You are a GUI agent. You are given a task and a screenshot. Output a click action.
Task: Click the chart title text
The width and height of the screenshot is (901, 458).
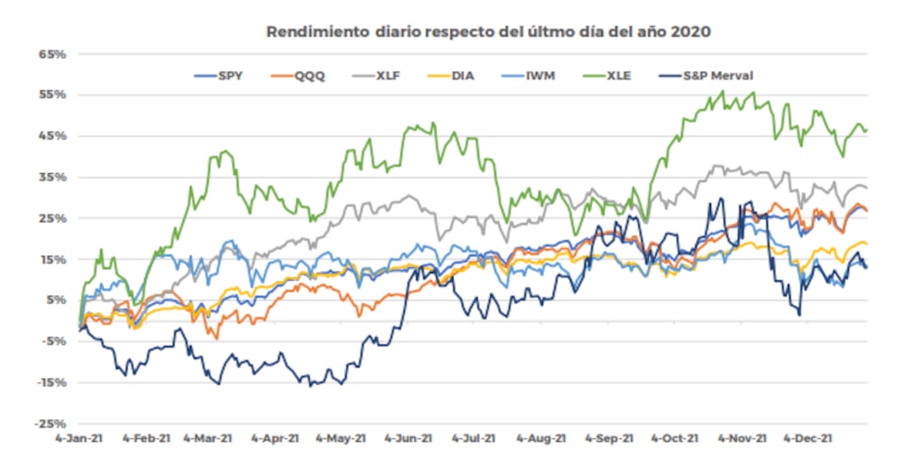[488, 32]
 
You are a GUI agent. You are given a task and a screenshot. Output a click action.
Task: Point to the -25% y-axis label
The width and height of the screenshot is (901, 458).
[50, 424]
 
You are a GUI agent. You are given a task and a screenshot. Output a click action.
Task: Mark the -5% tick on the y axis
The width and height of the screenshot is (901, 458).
[52, 341]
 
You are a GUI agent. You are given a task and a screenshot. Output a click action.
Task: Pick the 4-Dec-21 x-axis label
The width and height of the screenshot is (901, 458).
[814, 438]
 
